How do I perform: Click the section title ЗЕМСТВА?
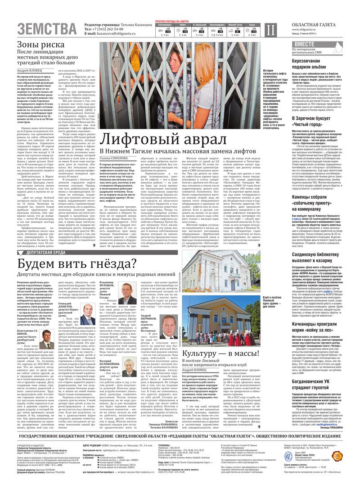point(47,29)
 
